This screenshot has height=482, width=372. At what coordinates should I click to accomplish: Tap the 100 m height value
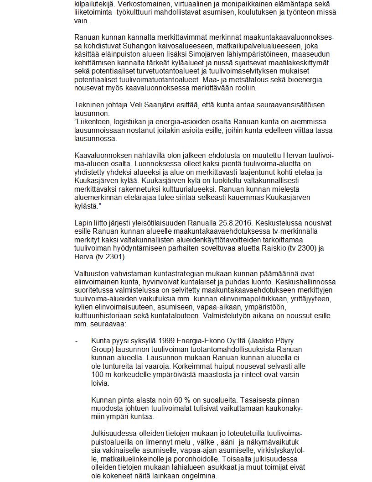(100, 375)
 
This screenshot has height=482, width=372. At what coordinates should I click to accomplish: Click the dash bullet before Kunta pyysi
(77, 341)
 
